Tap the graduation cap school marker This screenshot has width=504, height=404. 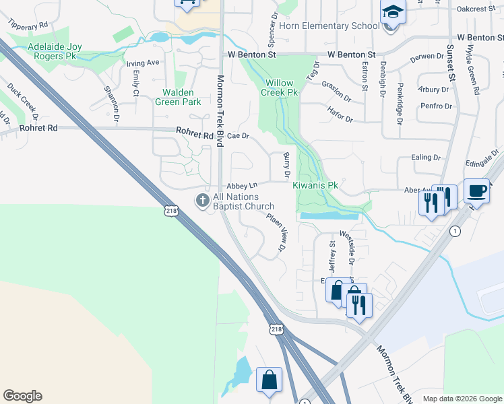pyautogui.click(x=393, y=13)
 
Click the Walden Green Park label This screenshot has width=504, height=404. pyautogui.click(x=178, y=97)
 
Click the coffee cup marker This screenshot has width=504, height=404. pyautogui.click(x=476, y=191)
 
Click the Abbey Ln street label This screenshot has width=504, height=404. pyautogui.click(x=243, y=185)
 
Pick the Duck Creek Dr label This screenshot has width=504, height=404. pyautogui.click(x=20, y=97)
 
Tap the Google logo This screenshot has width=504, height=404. pyautogui.click(x=22, y=396)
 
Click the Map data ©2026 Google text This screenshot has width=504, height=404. pyautogui.click(x=462, y=399)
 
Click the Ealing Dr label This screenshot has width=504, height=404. pyautogui.click(x=426, y=158)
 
